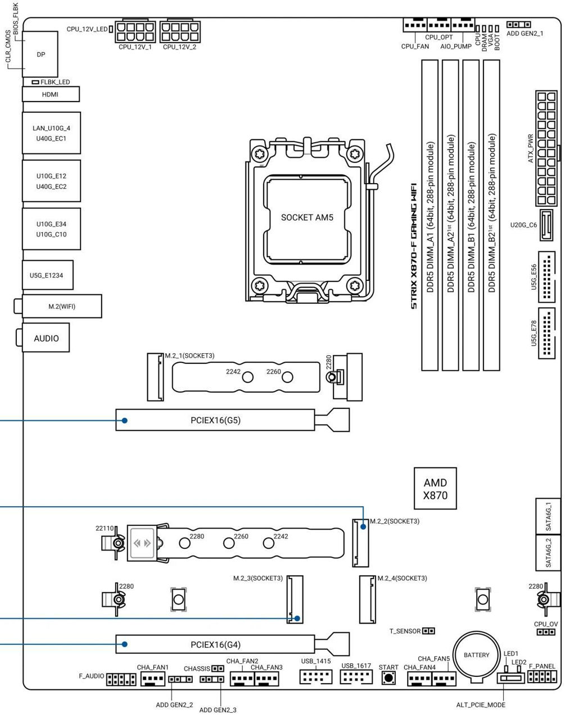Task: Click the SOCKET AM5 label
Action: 307,217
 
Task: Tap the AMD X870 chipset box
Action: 435,489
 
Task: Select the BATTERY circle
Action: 476,656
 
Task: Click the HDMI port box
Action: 51,94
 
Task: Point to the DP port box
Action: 40,54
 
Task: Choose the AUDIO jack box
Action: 46,338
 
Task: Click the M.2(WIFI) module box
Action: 62,307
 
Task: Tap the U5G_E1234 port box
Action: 47,275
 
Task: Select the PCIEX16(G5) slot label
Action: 215,420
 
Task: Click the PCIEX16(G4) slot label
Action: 215,645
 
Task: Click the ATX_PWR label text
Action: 531,148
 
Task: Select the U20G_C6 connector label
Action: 523,225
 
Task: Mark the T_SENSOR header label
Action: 405,631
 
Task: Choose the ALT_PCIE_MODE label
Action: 481,705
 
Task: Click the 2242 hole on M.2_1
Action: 247,376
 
